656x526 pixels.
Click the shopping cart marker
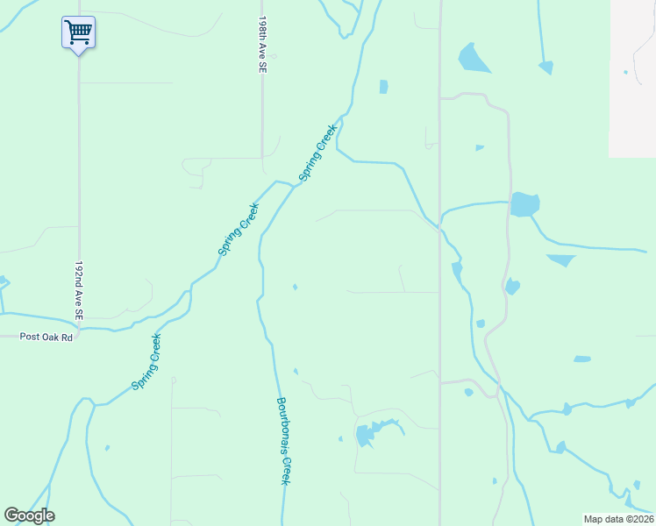(79, 33)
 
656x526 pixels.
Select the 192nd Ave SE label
(79, 289)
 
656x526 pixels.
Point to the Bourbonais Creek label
(283, 442)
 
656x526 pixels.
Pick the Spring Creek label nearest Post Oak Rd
(146, 362)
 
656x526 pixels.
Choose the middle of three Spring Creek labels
(238, 230)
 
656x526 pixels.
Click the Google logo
(30, 515)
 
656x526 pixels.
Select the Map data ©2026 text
(617, 519)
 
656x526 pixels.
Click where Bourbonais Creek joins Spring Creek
(292, 185)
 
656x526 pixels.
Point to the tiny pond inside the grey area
(625, 72)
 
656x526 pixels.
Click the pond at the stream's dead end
(545, 67)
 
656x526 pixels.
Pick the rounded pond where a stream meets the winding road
(524, 204)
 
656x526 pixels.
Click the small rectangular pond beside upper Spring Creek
(383, 86)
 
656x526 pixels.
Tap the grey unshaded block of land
(632, 79)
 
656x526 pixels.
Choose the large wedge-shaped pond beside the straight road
(474, 58)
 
